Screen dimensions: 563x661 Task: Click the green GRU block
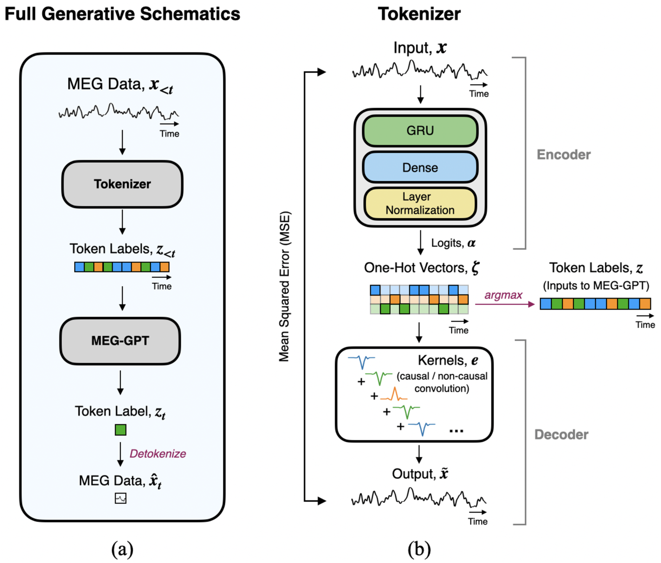point(420,131)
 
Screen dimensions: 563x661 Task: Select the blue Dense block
point(420,167)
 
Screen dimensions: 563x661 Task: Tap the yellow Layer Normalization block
point(420,203)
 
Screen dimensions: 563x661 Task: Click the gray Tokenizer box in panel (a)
point(122,184)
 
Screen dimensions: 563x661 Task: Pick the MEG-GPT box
point(120,341)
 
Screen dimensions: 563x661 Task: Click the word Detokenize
point(158,454)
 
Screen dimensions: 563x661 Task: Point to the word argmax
point(503,295)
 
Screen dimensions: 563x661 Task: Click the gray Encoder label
point(563,155)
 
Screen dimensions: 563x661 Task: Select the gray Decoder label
point(561,435)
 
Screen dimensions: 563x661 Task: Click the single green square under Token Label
point(120,430)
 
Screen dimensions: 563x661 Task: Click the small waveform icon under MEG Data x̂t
point(120,498)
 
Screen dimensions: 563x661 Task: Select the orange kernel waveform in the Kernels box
point(394,395)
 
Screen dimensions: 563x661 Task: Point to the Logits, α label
point(453,243)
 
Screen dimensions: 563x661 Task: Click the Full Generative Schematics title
point(122,14)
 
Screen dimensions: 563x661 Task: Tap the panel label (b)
point(419,549)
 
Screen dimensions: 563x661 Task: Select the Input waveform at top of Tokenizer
point(420,69)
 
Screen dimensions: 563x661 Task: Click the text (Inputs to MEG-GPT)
point(596,285)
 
